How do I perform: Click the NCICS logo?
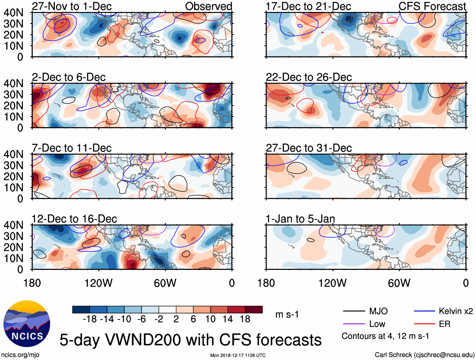point(26,324)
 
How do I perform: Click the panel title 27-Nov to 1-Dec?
point(72,6)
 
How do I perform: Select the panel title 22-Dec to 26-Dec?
point(309,77)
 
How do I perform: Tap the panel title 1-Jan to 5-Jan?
point(300,219)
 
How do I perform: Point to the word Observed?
point(208,6)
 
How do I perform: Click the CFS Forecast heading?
point(432,6)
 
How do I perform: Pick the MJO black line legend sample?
point(354,311)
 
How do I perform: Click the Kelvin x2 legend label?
point(456,311)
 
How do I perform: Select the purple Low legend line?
point(354,324)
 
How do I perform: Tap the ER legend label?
point(444,324)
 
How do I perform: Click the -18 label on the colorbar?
point(90,319)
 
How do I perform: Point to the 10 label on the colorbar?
point(210,319)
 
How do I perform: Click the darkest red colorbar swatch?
point(254,310)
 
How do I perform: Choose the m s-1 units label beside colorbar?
point(287,315)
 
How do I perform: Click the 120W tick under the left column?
point(98,283)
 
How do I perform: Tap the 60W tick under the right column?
point(399,283)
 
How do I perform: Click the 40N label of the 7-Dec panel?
point(13,154)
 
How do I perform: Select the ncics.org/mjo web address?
point(20,355)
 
